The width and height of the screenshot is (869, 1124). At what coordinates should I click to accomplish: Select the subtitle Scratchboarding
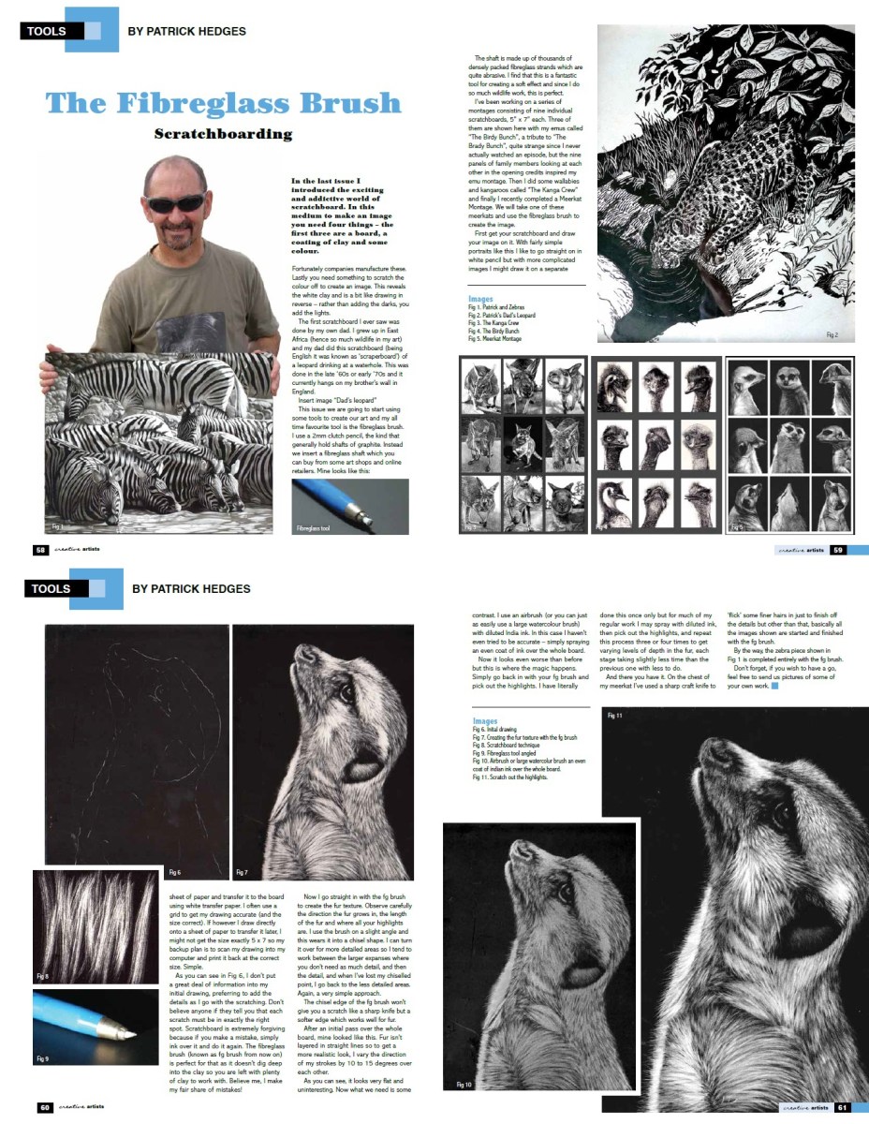(223, 134)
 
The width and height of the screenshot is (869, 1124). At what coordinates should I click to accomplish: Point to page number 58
(40, 550)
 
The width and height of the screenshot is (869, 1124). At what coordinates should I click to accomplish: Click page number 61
(842, 1106)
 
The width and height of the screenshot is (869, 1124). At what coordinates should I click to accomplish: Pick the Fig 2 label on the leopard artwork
(832, 334)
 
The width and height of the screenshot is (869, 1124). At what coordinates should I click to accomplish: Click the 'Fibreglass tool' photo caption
(315, 529)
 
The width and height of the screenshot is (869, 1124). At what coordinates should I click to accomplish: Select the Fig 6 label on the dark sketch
(175, 872)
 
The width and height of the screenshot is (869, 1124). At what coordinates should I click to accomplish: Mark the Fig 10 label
(464, 1085)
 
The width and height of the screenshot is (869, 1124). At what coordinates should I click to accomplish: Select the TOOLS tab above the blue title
(47, 31)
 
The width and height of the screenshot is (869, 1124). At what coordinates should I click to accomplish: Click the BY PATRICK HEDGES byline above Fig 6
(191, 589)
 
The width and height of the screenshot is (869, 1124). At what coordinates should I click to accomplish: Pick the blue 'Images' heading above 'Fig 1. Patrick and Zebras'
(480, 299)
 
